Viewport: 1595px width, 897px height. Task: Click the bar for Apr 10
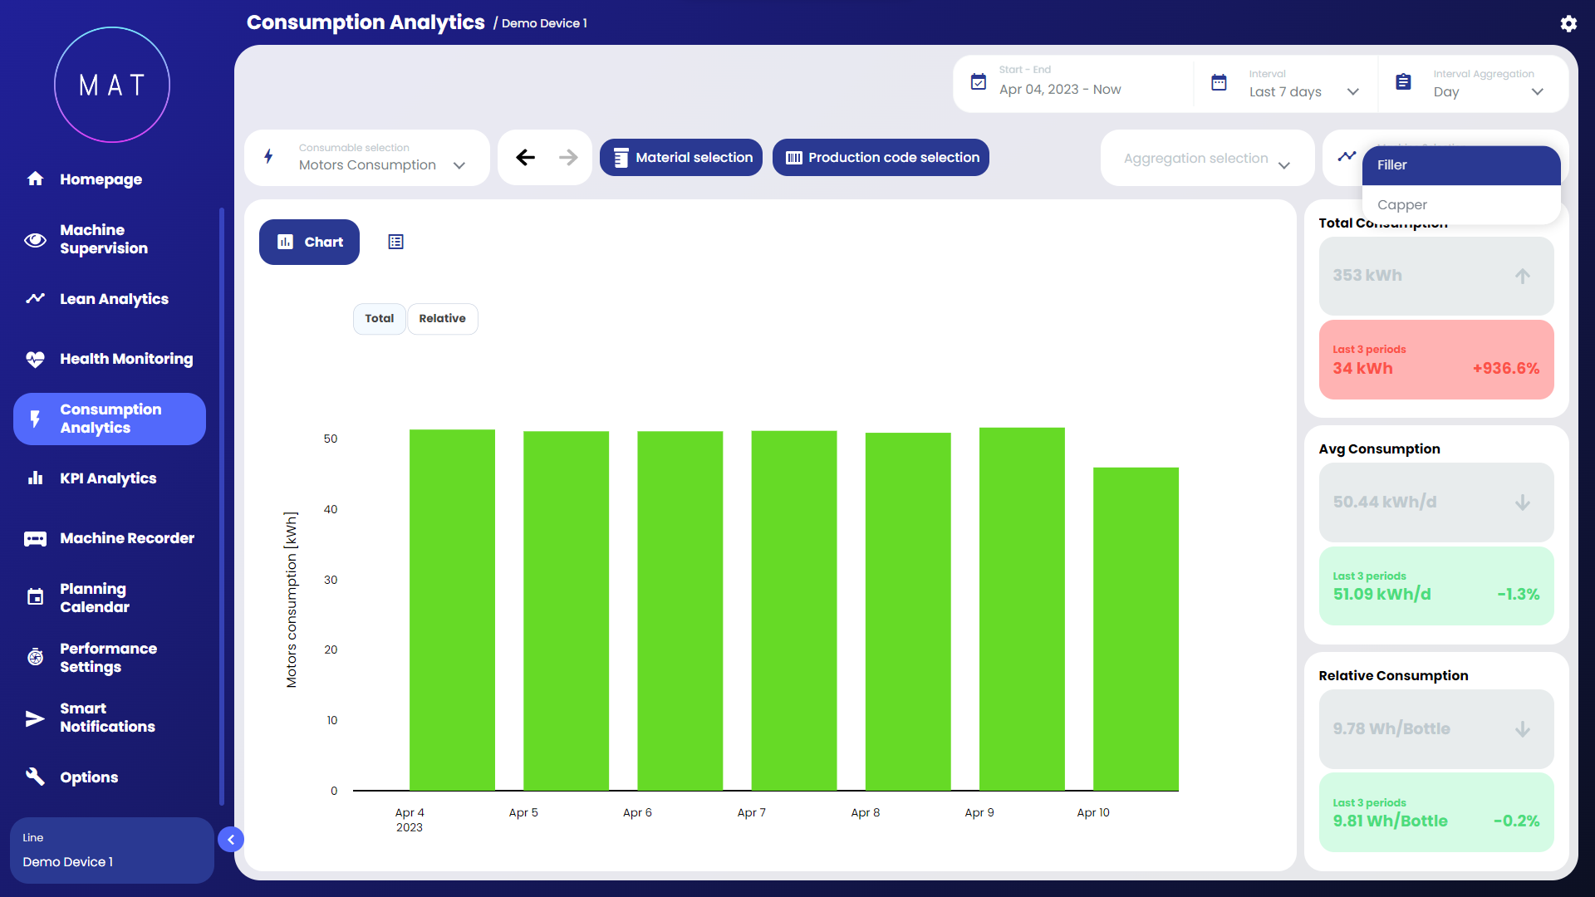1136,629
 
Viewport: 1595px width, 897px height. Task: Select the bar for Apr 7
793,610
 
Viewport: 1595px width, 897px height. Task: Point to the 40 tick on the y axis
331,509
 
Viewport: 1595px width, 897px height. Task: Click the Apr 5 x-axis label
523,813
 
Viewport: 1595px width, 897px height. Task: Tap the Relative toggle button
442,319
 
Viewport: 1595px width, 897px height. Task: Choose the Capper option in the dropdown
1402,205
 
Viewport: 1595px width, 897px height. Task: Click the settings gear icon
1568,24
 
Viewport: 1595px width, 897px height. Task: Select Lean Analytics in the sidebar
114,299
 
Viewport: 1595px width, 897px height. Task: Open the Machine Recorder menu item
126,538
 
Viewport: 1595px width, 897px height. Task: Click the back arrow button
525,158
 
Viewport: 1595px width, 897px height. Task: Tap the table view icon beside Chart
396,243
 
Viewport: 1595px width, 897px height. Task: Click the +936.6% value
1505,369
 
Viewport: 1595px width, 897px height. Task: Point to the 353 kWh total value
1367,276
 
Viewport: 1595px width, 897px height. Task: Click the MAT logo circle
112,85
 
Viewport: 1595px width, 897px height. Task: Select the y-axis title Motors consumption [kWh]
292,600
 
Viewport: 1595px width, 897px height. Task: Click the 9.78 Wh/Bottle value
1391,729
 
